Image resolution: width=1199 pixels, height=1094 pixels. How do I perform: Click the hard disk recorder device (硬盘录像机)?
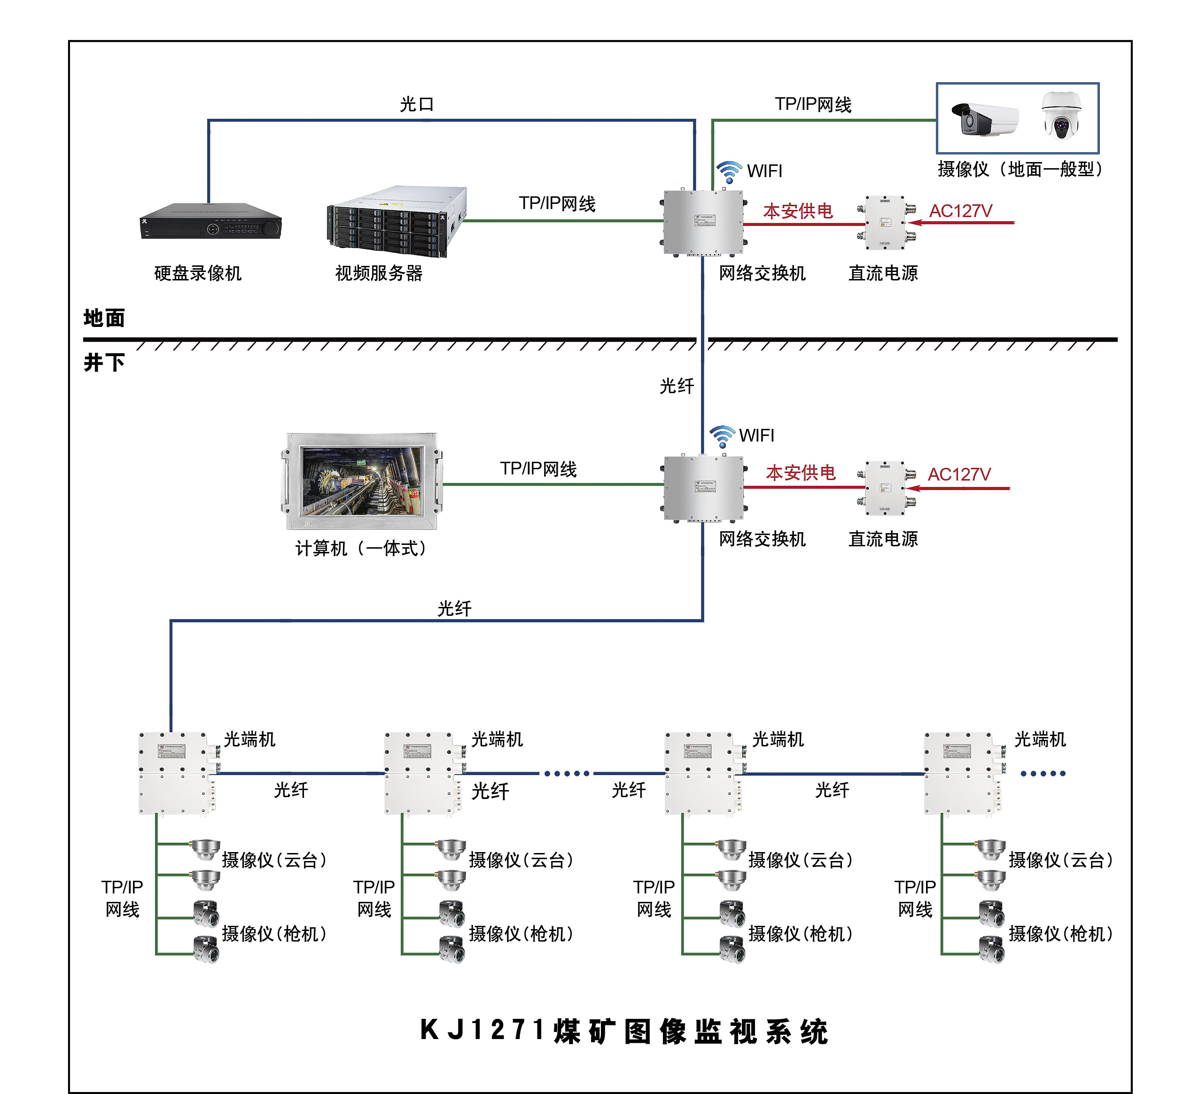click(210, 222)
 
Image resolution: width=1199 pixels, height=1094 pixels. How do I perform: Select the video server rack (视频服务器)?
click(396, 222)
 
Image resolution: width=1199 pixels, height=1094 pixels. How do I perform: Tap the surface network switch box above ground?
click(704, 222)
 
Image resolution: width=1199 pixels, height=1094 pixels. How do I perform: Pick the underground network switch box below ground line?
click(704, 488)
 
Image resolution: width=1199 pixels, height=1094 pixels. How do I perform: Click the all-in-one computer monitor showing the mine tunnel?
click(362, 481)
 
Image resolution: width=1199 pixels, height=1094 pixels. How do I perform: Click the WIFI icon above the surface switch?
click(729, 172)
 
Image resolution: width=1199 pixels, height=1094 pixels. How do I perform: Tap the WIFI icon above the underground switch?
click(722, 436)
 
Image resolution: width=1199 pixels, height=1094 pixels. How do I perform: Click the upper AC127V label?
click(960, 211)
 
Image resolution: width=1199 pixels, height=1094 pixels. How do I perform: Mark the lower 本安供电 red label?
click(801, 473)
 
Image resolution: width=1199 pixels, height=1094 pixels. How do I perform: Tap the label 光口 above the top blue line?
click(416, 105)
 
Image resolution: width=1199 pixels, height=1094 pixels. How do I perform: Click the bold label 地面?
click(104, 318)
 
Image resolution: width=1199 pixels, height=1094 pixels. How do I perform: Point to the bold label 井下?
click(104, 362)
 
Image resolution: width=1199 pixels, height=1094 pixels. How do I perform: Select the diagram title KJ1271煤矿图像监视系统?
click(624, 1031)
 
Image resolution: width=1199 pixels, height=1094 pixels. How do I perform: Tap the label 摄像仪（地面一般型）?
click(1020, 170)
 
